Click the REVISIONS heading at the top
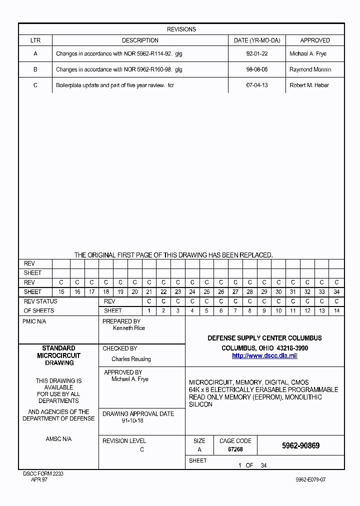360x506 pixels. click(181, 29)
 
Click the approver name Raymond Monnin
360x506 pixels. click(310, 69)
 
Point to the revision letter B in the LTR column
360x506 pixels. click(35, 69)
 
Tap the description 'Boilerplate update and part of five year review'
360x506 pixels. click(114, 85)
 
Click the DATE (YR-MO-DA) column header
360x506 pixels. click(257, 40)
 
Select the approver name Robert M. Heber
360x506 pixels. click(309, 85)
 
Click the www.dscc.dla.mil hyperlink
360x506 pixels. click(264, 355)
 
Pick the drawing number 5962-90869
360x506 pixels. click(300, 445)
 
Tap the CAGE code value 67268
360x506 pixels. click(235, 449)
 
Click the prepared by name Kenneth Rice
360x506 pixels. click(129, 328)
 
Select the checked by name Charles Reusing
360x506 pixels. click(131, 359)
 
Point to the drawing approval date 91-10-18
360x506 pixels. click(132, 421)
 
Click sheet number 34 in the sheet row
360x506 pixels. click(336, 292)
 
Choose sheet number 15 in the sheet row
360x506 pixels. click(61, 292)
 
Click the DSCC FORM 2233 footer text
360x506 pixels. click(43, 473)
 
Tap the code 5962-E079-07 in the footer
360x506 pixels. click(310, 479)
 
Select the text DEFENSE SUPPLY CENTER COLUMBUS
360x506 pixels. click(264, 338)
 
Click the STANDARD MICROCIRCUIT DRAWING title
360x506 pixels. click(59, 355)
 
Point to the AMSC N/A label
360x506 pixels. click(58, 439)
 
